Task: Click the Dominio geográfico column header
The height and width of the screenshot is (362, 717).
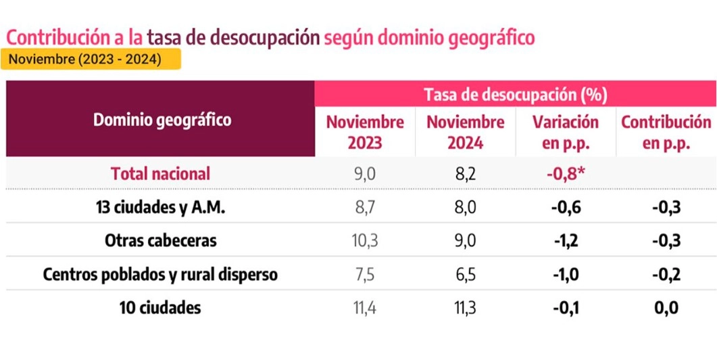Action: pos(162,120)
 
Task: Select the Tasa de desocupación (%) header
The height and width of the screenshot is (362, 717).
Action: pos(515,94)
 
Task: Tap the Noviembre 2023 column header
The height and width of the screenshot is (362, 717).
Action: pos(365,133)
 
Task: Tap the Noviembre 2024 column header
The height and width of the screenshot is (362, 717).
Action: pos(466,133)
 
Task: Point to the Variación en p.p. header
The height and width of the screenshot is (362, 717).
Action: pos(566,133)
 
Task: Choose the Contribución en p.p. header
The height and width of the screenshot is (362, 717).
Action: pos(666,133)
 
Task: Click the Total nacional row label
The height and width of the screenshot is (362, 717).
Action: pos(161,173)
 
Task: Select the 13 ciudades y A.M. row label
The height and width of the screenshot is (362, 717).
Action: pos(161,208)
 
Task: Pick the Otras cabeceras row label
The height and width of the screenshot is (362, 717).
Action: pos(161,241)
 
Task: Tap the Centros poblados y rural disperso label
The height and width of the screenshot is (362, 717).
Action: pos(161,275)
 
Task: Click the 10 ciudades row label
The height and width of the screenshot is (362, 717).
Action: pos(161,308)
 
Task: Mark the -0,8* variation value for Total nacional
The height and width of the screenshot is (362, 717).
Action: pos(566,173)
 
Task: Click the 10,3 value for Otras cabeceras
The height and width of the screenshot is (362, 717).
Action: pos(365,242)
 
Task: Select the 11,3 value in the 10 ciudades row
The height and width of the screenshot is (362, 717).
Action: pos(466,309)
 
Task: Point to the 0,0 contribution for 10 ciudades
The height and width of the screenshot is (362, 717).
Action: pos(666,309)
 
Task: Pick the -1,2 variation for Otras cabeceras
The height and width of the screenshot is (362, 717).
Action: pos(566,242)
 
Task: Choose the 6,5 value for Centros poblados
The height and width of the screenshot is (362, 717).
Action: pos(466,275)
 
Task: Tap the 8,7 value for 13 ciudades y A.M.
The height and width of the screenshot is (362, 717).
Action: pos(365,208)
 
